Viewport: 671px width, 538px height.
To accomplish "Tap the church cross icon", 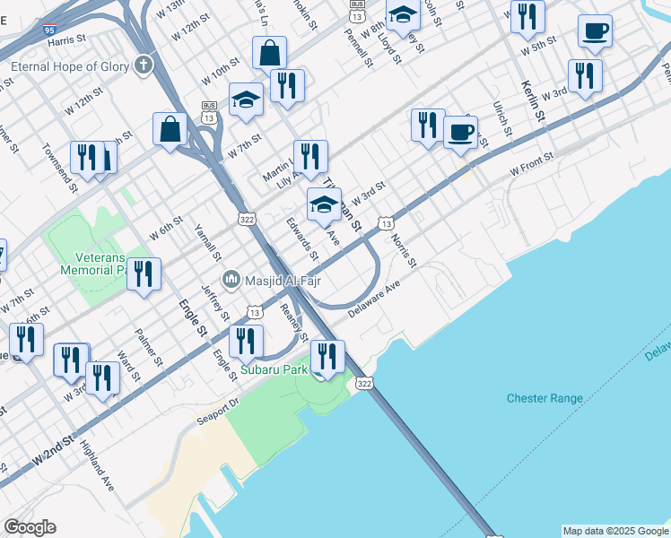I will [x=144, y=65].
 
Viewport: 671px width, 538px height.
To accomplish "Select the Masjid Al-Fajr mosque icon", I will [x=231, y=281].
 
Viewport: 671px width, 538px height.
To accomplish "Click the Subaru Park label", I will [x=274, y=369].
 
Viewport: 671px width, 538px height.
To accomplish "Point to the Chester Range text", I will [x=545, y=398].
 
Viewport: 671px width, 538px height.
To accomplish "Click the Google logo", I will [x=30, y=527].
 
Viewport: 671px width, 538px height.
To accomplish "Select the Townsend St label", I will [x=56, y=162].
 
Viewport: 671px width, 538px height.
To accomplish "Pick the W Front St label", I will [x=532, y=164].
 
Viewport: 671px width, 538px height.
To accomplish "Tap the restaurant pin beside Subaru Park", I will [x=328, y=356].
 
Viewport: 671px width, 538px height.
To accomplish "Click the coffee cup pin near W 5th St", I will [x=595, y=31].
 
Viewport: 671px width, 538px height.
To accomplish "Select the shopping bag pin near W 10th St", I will [x=269, y=52].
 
